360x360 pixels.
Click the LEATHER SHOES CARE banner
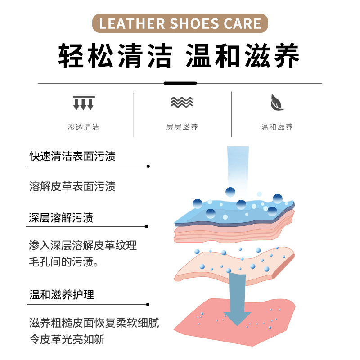point(180,23)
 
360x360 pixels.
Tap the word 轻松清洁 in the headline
point(115,56)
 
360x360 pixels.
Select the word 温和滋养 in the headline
point(243,56)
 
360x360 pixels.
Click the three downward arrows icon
point(83,103)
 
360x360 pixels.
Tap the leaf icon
point(277,103)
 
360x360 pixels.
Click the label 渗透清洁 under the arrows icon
point(83,127)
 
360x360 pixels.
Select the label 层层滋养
point(182,127)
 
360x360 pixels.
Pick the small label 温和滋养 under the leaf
point(277,127)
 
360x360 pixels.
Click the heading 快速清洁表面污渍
point(72,156)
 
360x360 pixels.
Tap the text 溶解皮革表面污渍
point(72,186)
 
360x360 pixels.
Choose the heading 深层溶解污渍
point(61,219)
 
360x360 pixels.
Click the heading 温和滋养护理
point(62,295)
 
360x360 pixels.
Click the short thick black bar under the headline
point(180,83)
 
